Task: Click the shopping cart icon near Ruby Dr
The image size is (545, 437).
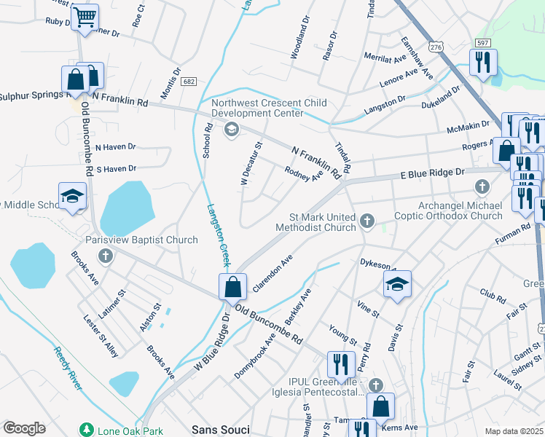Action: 86,17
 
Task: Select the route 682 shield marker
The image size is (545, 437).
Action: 189,82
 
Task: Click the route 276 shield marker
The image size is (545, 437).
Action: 436,47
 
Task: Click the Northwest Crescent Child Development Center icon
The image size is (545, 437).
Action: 232,130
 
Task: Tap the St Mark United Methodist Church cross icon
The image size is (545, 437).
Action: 367,220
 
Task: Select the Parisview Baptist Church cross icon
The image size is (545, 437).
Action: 106,256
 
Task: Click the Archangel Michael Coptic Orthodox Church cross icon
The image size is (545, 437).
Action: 481,188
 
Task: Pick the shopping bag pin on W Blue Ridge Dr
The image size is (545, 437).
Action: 232,286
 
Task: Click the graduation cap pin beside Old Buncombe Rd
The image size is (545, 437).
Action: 72,197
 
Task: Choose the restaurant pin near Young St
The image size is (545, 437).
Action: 341,363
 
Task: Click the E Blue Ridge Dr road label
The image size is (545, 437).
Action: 432,173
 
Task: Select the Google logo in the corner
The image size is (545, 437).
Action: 24,428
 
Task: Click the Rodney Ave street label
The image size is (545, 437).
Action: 304,176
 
